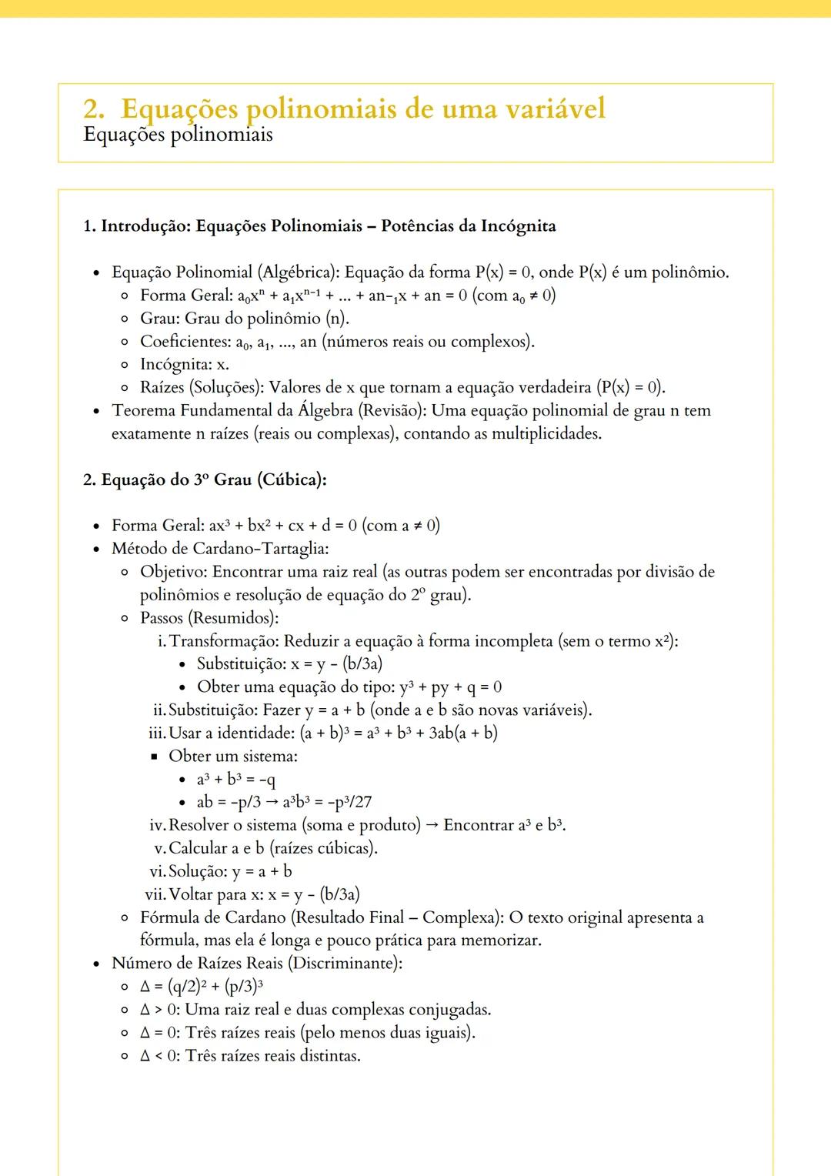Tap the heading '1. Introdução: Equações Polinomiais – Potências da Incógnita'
[x=319, y=226]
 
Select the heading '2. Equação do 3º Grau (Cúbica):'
[x=205, y=480]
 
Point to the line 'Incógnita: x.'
[x=185, y=365]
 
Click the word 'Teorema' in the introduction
[x=143, y=411]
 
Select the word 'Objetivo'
[x=172, y=573]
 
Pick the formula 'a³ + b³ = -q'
[x=236, y=780]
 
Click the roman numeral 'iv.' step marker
[x=157, y=826]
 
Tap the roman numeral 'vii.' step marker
[x=155, y=895]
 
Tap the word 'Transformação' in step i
[x=223, y=642]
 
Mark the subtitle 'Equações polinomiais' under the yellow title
[x=178, y=135]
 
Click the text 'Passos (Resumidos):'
[x=209, y=619]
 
